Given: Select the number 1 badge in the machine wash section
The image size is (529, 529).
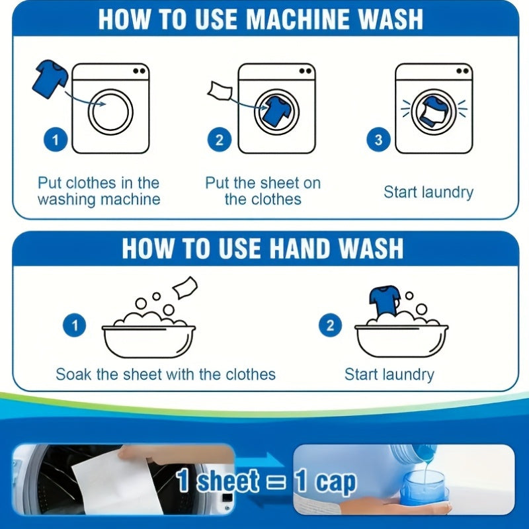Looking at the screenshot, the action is coord(56,140).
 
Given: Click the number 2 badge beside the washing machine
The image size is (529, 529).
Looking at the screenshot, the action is coord(220,140).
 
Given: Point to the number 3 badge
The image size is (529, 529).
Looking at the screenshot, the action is coord(378,140).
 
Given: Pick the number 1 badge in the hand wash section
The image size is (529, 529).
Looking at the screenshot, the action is coord(75,325).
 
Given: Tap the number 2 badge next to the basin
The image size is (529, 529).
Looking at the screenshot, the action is coord(330,325).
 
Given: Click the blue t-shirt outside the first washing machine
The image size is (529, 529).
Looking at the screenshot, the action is coord(50,79).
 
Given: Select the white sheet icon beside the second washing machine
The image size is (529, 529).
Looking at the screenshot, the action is coord(220,91).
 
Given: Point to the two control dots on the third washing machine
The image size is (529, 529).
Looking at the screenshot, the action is coord(462,71).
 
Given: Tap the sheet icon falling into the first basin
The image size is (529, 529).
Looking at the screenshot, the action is coord(185,288).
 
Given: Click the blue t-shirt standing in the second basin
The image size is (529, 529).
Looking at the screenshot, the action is coord(385,302).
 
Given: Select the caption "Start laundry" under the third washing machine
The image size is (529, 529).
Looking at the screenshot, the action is coord(428,192).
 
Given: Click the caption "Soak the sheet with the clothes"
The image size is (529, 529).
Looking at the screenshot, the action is coord(166,374).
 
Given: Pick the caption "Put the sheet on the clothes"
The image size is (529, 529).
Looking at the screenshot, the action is coord(263,191).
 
